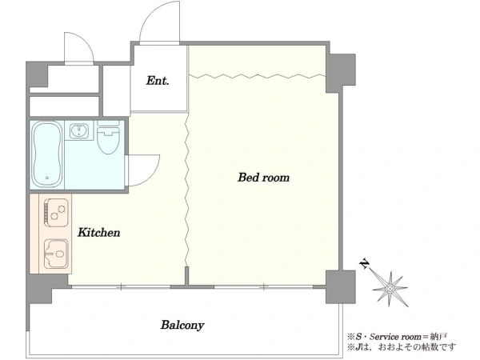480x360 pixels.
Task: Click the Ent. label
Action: (x=158, y=81)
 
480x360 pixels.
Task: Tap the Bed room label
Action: (x=263, y=178)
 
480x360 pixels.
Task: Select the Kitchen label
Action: (x=99, y=233)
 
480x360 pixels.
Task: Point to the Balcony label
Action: (x=182, y=325)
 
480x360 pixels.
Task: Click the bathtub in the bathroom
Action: (x=47, y=154)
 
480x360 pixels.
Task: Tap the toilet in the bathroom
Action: (x=108, y=137)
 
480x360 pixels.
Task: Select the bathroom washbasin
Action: (x=79, y=130)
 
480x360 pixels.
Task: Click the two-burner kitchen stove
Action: (x=56, y=213)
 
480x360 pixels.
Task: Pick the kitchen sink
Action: (x=56, y=254)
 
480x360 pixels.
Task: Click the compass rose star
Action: (x=390, y=289)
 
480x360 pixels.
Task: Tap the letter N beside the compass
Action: (x=364, y=263)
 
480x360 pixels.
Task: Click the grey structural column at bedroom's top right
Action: (x=341, y=73)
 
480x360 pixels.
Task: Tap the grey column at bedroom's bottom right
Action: (x=341, y=287)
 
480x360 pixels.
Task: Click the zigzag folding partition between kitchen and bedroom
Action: (x=186, y=190)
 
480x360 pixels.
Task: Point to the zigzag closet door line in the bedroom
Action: (x=257, y=76)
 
